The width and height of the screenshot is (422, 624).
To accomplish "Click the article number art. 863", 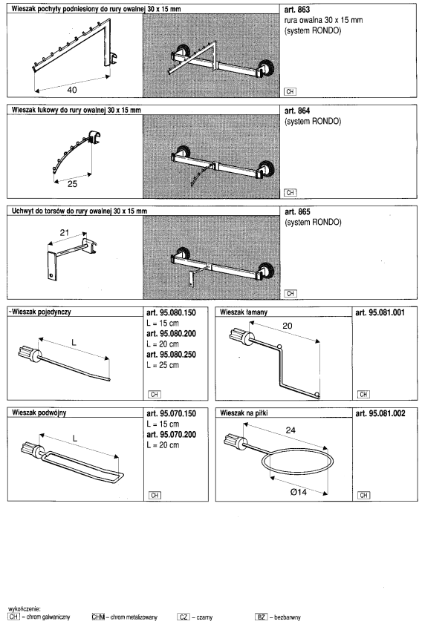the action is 297,10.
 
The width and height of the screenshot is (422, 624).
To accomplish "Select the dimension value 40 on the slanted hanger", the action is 72,90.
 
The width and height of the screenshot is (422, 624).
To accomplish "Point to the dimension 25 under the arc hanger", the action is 72,184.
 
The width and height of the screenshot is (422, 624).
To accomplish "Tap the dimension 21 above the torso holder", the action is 65,232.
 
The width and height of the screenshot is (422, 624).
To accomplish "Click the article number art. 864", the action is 297,111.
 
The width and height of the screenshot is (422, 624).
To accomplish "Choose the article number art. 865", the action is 297,211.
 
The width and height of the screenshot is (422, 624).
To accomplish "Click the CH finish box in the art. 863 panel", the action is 290,91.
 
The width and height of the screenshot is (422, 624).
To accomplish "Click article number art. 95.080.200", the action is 172,333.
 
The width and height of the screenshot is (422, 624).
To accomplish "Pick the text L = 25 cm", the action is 163,365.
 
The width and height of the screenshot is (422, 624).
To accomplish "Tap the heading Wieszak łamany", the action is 244,312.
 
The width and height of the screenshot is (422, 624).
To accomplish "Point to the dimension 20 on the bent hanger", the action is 288,326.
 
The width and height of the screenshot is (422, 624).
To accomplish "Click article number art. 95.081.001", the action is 380,313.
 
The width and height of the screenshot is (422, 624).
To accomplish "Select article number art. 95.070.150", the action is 172,413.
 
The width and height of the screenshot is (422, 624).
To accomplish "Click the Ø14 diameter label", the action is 299,492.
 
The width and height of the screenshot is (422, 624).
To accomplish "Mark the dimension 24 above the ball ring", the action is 290,430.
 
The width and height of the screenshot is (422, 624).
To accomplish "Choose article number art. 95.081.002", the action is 380,413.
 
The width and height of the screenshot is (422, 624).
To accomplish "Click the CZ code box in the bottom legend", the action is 184,617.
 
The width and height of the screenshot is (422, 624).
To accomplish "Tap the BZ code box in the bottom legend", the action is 261,617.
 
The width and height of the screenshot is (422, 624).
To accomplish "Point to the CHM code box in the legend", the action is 98,617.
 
